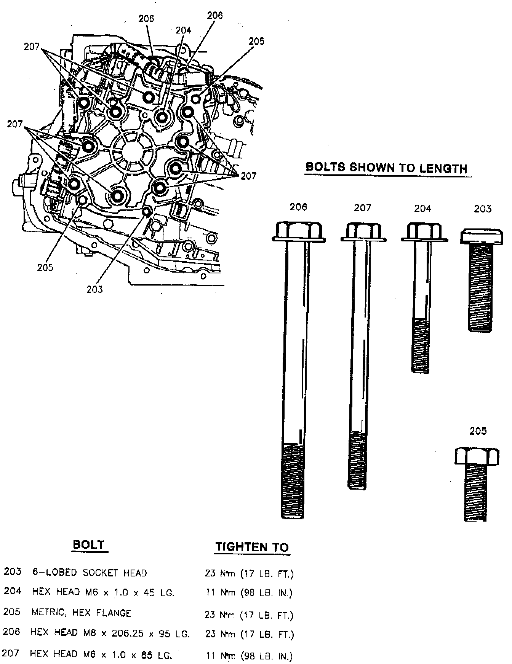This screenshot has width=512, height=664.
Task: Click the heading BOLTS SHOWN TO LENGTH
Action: (x=386, y=168)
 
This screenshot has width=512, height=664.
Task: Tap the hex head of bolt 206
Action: (x=298, y=231)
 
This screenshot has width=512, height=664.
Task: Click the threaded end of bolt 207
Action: (x=357, y=461)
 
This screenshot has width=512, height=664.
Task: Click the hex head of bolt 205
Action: (x=477, y=455)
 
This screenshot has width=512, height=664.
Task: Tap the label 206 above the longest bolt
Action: (x=298, y=207)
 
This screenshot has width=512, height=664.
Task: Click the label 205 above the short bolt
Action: (x=478, y=431)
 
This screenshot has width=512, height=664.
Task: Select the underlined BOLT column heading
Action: (x=88, y=544)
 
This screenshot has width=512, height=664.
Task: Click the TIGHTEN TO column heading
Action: (x=252, y=547)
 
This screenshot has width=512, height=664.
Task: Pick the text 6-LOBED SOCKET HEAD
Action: (x=90, y=573)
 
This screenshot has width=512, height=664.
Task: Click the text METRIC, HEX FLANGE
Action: (x=81, y=613)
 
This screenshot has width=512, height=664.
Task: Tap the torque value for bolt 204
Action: (x=249, y=593)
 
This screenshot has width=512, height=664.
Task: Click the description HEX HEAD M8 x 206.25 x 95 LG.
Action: (x=110, y=633)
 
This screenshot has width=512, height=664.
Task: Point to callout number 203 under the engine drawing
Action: (x=94, y=289)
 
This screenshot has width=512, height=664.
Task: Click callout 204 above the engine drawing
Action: (x=183, y=30)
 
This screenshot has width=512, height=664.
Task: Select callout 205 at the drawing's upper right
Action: (x=256, y=41)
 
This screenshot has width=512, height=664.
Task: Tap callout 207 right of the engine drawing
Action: (x=248, y=176)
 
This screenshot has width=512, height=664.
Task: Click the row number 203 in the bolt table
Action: (x=12, y=571)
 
